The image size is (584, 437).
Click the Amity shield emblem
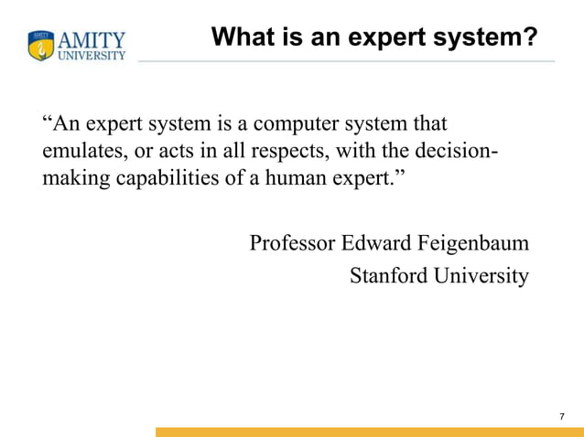coord(41,46)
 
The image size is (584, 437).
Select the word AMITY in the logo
coord(92,40)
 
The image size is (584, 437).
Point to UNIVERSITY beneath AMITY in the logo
coord(92,55)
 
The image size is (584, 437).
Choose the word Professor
coord(292,244)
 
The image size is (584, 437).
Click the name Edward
coord(376,244)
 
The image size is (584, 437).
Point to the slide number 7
coord(561,417)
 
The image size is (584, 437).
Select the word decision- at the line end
coord(459,150)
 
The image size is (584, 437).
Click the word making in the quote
coord(76,176)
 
